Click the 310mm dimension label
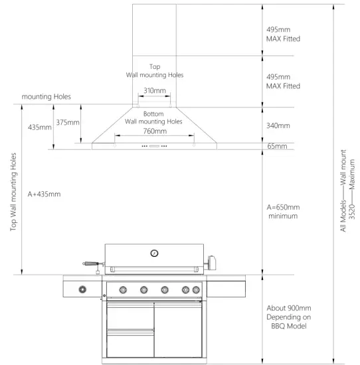[154, 90]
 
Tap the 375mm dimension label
[67, 122]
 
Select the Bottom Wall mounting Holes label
[154, 117]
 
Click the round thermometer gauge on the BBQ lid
[154, 253]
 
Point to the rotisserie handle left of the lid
[90, 264]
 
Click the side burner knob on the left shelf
[83, 289]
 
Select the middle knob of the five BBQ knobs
[164, 289]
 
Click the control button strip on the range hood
[154, 145]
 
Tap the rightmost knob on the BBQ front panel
[196, 289]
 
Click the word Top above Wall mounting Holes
[154, 67]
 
